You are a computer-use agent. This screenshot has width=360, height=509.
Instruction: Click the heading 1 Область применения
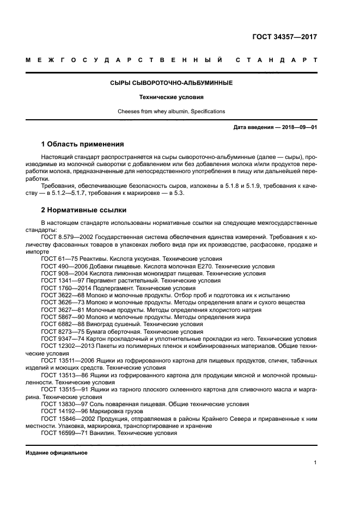82,145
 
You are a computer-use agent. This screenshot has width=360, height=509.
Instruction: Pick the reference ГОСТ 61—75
57,259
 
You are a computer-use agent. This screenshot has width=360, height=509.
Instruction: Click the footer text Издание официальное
57,453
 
